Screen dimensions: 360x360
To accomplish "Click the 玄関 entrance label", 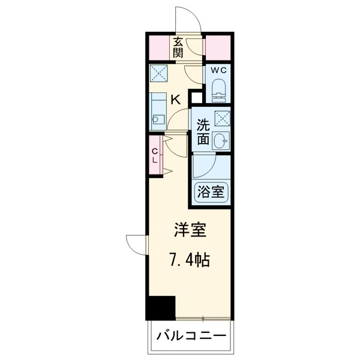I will (x=178, y=47).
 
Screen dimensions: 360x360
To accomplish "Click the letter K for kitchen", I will (x=176, y=100).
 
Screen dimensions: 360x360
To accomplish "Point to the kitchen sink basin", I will (x=158, y=119).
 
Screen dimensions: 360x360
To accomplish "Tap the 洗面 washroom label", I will (x=203, y=132).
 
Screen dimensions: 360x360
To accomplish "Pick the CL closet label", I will (x=155, y=155).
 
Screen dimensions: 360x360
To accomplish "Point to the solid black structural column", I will (x=161, y=308).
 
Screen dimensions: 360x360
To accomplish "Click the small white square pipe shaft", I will (x=196, y=98).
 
